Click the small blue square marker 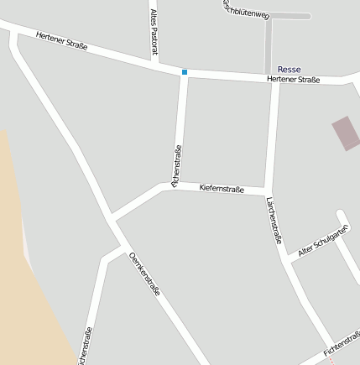(x=185, y=72)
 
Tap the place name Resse (x=289, y=69)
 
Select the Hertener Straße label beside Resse (x=293, y=79)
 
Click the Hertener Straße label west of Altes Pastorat (x=61, y=42)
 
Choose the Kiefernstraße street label (x=222, y=189)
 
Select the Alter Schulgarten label (x=323, y=241)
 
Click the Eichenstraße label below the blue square (x=176, y=165)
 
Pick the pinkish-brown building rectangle (x=345, y=133)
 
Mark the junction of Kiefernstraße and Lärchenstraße (x=267, y=191)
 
